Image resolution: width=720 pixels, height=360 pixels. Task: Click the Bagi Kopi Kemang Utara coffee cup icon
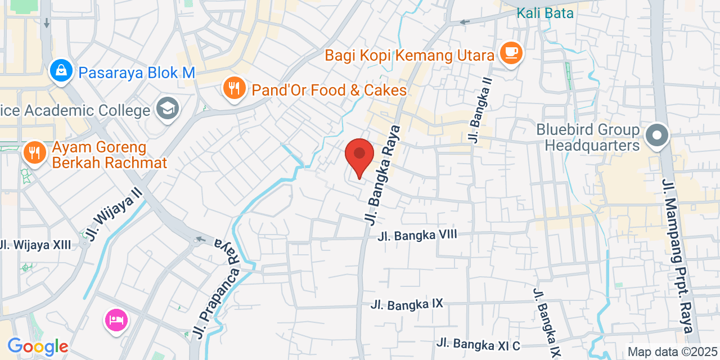pyautogui.click(x=511, y=53)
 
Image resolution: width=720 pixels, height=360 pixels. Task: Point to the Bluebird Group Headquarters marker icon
pyautogui.click(x=656, y=136)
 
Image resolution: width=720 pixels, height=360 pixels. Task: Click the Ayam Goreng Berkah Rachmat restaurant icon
pyautogui.click(x=35, y=152)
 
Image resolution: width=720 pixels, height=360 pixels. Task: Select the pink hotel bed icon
pyautogui.click(x=116, y=321)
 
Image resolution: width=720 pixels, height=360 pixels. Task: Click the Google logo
pyautogui.click(x=38, y=346)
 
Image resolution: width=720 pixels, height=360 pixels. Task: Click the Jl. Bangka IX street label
pyautogui.click(x=407, y=304)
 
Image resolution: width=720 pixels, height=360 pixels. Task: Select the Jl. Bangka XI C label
pyautogui.click(x=479, y=343)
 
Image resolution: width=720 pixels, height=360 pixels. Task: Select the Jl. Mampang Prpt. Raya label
pyautogui.click(x=678, y=256)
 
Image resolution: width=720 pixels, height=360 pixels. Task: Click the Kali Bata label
pyautogui.click(x=545, y=13)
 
